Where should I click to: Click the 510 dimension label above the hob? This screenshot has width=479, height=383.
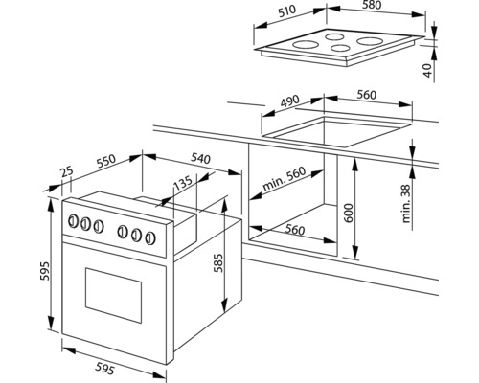(287, 11)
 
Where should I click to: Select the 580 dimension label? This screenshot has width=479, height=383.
(372, 5)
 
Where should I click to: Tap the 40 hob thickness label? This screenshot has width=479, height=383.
(429, 70)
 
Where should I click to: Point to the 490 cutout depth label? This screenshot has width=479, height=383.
(289, 101)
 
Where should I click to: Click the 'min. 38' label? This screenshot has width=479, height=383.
(406, 203)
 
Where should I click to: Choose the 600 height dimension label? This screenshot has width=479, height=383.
(350, 213)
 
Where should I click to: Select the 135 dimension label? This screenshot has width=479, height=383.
(183, 183)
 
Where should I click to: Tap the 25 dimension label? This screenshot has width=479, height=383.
(67, 171)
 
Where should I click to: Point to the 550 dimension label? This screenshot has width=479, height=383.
(105, 161)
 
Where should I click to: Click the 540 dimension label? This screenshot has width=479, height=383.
(201, 158)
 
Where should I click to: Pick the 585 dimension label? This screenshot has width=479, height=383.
(218, 263)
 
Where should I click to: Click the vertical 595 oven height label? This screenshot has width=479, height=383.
(45, 271)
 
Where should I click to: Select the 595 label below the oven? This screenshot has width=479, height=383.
(104, 369)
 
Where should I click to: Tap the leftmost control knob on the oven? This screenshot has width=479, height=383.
(74, 221)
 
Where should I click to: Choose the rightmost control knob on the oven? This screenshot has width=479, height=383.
(150, 238)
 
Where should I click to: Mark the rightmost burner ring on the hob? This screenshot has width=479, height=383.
(370, 41)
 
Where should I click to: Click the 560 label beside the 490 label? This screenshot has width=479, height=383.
(367, 95)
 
